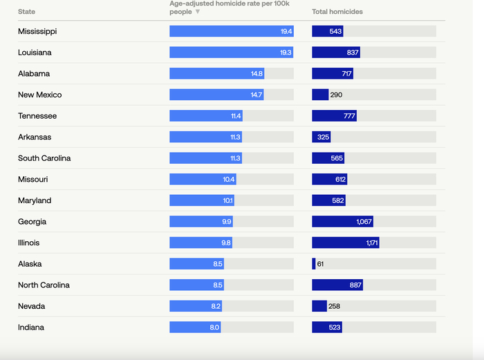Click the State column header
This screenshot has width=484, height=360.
pos(27,12)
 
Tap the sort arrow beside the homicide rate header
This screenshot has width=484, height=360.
pos(198,12)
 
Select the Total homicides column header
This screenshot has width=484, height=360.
pos(337,12)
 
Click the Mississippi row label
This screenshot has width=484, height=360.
pos(37,31)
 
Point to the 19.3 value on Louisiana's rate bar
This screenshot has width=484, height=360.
pos(286,53)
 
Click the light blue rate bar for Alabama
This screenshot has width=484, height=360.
pos(216,74)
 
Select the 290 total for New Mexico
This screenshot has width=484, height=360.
pos(337,95)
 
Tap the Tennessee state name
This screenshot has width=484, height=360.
pos(37,116)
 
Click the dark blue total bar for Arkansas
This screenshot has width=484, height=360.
pos(321,137)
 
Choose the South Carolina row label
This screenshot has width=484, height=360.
pos(44,158)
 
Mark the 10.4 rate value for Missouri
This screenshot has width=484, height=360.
pos(228,180)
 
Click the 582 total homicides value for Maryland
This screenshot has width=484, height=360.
pos(337,200)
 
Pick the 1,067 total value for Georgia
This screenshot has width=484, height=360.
pos(364,222)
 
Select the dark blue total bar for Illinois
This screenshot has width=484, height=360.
pos(345,243)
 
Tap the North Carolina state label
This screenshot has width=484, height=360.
pos(44,285)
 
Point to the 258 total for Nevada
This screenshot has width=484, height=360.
pos(335,306)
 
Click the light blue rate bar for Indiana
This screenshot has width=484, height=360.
pos(195,328)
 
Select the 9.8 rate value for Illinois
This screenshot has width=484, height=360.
pos(226,243)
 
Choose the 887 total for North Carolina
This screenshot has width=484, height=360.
pos(354,285)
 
